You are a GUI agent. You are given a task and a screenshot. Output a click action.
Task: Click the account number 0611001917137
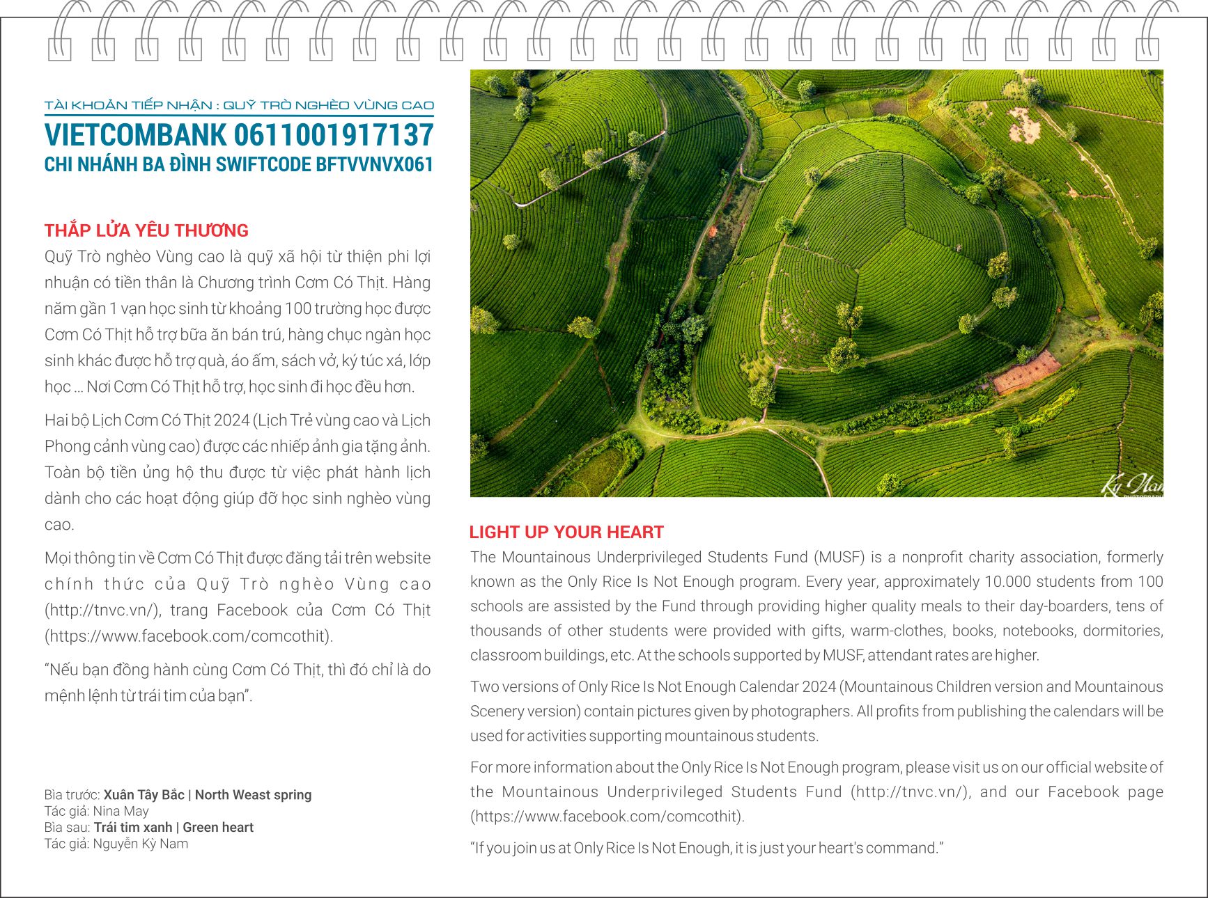point(333,135)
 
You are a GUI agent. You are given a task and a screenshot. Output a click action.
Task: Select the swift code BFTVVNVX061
point(374,165)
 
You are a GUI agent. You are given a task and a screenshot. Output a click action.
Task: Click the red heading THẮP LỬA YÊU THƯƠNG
point(146,230)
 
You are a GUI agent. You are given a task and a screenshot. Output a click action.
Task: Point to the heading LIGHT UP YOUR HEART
point(566,533)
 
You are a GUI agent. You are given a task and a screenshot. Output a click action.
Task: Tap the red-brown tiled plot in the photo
point(1026,372)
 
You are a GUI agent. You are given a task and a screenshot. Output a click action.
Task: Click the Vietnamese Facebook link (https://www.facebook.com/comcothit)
point(189,636)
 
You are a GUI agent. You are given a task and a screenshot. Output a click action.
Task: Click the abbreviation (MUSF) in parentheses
point(838,558)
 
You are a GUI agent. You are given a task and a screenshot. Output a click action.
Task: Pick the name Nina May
point(121,811)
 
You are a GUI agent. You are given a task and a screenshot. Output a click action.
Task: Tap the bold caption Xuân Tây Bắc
point(144,795)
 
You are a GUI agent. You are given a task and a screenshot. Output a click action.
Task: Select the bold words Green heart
point(218,828)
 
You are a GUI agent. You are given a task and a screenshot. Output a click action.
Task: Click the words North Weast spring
point(253,795)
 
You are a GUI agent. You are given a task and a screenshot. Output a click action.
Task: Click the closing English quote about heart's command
point(706,849)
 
